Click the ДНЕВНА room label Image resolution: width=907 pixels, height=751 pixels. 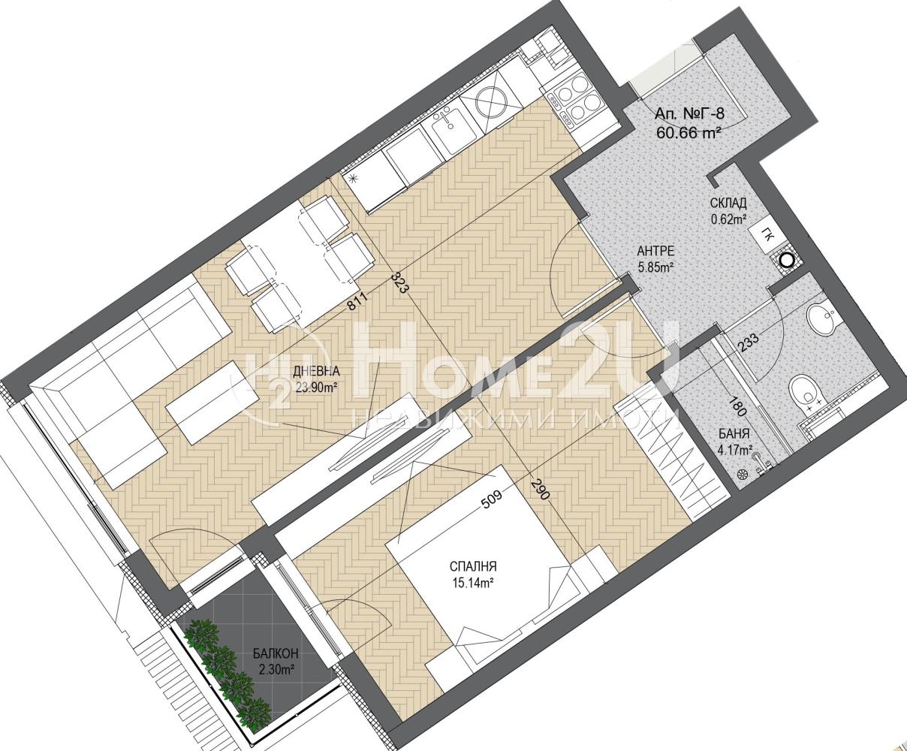coord(316,372)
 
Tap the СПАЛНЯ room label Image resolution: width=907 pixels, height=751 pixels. coord(473,567)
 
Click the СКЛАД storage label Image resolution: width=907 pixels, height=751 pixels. coord(728,203)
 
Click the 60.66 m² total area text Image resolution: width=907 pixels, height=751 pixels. coord(690,132)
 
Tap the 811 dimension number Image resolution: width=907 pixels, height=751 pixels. coord(358,302)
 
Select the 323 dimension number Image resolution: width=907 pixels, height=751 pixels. coord(399,282)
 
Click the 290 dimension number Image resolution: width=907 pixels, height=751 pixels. coord(541,489)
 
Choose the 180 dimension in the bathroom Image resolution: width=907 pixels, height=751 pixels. coord(739,406)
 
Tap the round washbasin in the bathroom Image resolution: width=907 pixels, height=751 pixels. coord(819,321)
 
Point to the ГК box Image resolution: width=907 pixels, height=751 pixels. coord(767,237)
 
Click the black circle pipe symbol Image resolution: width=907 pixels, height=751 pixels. coord(786,261)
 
